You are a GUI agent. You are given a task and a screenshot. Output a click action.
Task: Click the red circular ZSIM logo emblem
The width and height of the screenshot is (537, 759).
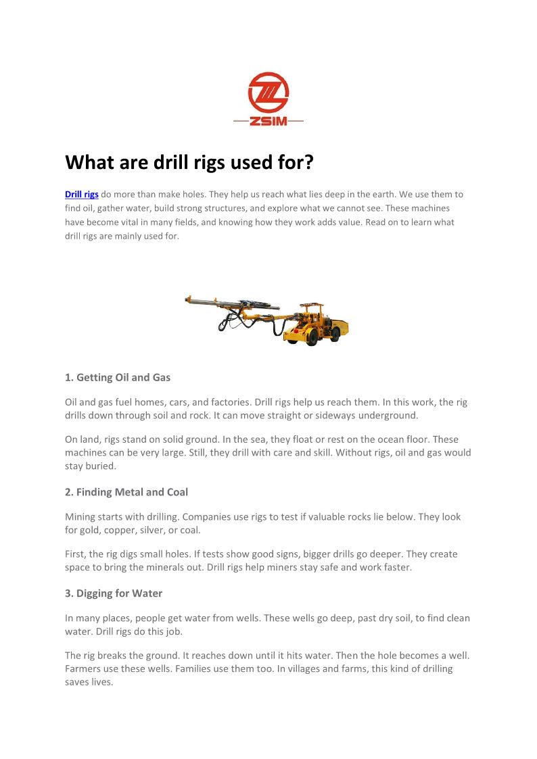click(x=268, y=93)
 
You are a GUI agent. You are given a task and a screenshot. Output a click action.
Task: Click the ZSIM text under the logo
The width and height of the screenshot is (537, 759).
click(x=268, y=121)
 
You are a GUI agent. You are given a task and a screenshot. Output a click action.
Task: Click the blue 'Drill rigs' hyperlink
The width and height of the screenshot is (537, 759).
click(x=82, y=195)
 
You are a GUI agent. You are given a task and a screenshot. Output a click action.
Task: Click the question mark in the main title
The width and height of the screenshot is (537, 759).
click(x=308, y=162)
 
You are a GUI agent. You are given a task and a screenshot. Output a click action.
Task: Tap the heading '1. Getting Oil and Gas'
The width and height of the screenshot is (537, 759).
click(x=118, y=378)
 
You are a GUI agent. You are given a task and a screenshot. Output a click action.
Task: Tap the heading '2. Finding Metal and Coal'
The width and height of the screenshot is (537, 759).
click(x=126, y=492)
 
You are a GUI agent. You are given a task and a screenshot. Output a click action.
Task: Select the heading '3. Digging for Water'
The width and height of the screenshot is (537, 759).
click(x=114, y=593)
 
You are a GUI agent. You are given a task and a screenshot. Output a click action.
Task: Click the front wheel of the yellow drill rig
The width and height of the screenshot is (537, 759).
click(x=311, y=337)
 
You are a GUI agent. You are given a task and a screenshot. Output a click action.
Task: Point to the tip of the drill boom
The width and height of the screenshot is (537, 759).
click(x=187, y=299)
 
